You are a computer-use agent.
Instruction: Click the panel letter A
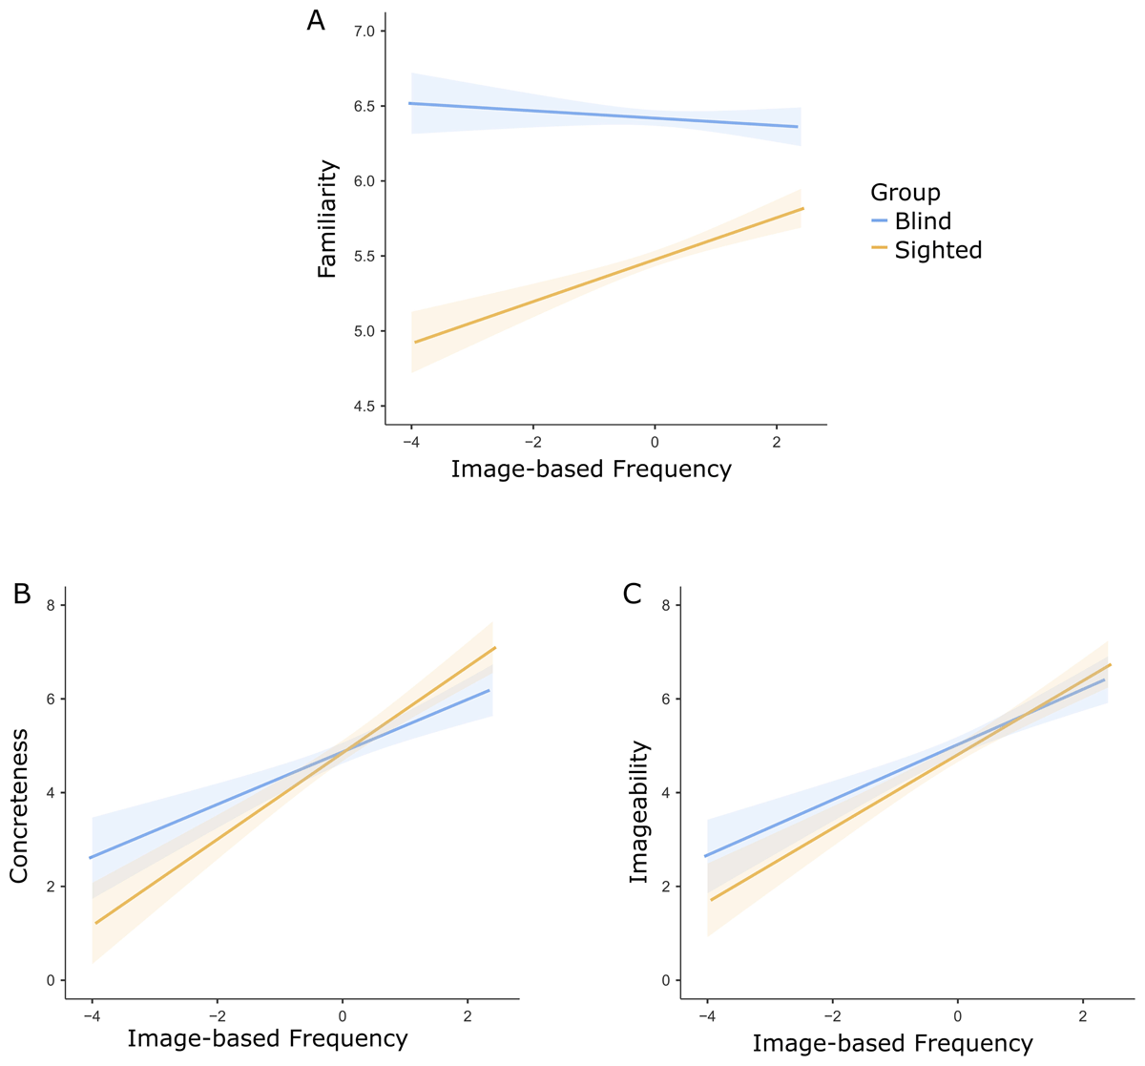pos(316,21)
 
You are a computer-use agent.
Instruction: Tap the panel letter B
pos(22,594)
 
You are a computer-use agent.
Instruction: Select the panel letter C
pos(632,594)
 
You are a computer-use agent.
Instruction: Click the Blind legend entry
pos(922,221)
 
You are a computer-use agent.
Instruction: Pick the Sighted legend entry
pos(937,250)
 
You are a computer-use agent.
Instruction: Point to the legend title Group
pos(905,193)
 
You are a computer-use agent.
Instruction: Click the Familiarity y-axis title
pos(327,219)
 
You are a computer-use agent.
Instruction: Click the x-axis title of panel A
pos(591,470)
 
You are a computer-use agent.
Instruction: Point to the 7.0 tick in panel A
pos(364,31)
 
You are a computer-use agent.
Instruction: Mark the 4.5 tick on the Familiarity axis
pos(364,407)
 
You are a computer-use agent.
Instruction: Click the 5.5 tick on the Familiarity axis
pos(364,257)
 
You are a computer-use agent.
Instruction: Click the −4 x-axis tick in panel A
pos(410,443)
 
